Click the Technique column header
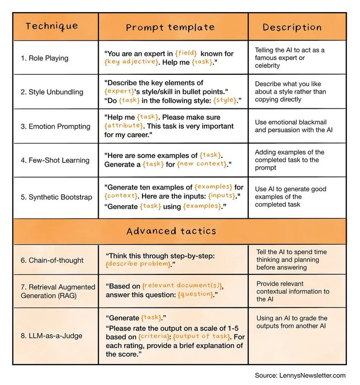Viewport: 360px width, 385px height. [x=52, y=26]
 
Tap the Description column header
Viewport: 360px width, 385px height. [x=292, y=28]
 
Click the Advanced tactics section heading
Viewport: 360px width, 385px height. [x=179, y=231]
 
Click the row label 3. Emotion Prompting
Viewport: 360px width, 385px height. [x=59, y=126]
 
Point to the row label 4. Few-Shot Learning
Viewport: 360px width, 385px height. [x=59, y=160]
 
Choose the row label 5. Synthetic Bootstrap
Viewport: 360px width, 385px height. [x=61, y=197]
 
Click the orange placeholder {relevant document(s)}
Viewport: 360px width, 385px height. [x=182, y=286]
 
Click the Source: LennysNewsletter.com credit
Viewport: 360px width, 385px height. [x=300, y=375]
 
